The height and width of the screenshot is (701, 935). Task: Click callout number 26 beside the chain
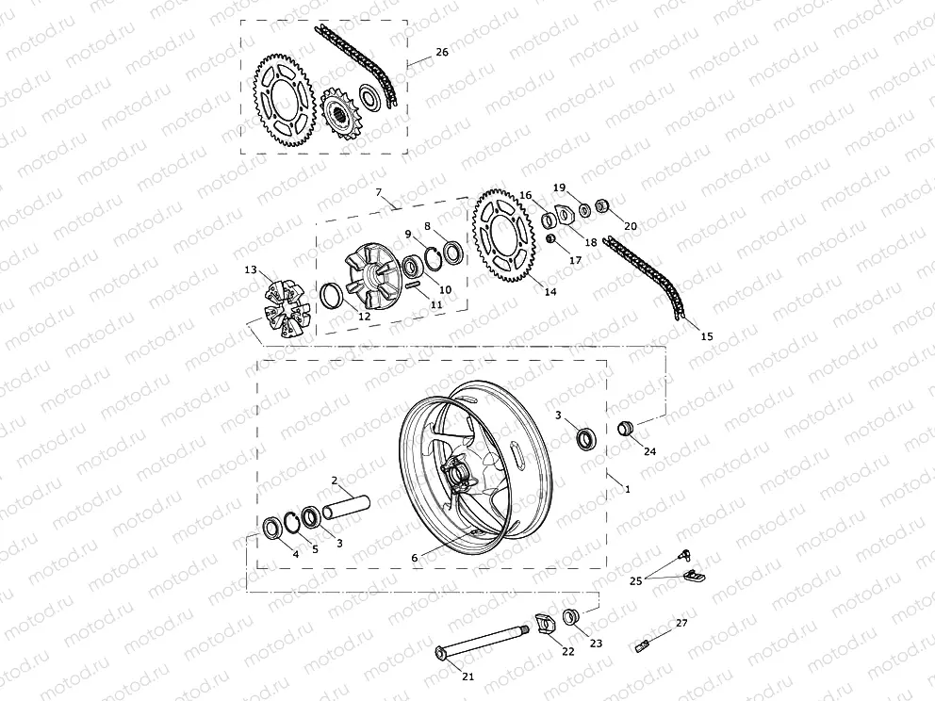442,53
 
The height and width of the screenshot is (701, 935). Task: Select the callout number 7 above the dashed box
379,192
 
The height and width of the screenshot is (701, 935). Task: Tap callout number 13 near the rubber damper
251,270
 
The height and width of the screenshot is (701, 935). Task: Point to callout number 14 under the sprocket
550,292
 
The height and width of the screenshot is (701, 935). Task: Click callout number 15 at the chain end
708,335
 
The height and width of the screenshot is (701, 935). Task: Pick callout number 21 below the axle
468,677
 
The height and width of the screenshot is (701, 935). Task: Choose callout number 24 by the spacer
649,451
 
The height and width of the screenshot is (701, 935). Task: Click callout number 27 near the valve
681,623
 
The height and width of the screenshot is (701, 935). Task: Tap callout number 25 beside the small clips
636,581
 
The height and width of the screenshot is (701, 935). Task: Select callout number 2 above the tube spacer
334,481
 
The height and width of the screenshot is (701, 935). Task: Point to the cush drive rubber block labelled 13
285,306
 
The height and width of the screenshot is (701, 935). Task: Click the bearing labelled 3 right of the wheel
588,438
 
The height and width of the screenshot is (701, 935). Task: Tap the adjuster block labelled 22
543,624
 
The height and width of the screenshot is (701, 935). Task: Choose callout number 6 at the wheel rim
414,558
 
